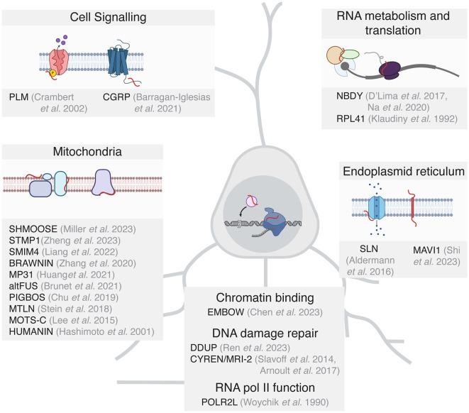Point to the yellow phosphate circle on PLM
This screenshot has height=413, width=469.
point(52,72)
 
